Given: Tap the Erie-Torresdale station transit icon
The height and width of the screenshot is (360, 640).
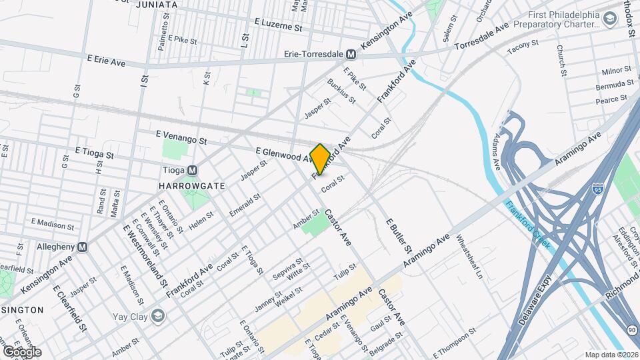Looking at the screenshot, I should point(351,53).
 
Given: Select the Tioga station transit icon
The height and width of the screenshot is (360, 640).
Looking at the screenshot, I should point(193,170).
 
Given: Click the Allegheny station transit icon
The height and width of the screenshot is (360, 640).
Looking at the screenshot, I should point(83,247).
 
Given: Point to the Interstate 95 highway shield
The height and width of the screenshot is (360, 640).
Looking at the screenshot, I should point(598,190).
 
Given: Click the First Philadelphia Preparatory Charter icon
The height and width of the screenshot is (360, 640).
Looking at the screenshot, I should point(609,20).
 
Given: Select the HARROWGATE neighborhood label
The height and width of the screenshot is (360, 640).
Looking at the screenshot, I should point(183,185).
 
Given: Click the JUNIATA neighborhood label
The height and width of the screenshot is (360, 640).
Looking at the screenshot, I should point(157,5).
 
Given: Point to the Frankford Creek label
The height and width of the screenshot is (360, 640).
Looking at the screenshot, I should point(527,225).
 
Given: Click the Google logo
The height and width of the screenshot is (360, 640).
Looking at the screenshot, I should point(22,351).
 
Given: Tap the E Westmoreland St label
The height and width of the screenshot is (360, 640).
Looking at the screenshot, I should point(145,255).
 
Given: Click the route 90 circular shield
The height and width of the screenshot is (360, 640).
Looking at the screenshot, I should point(631,330).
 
